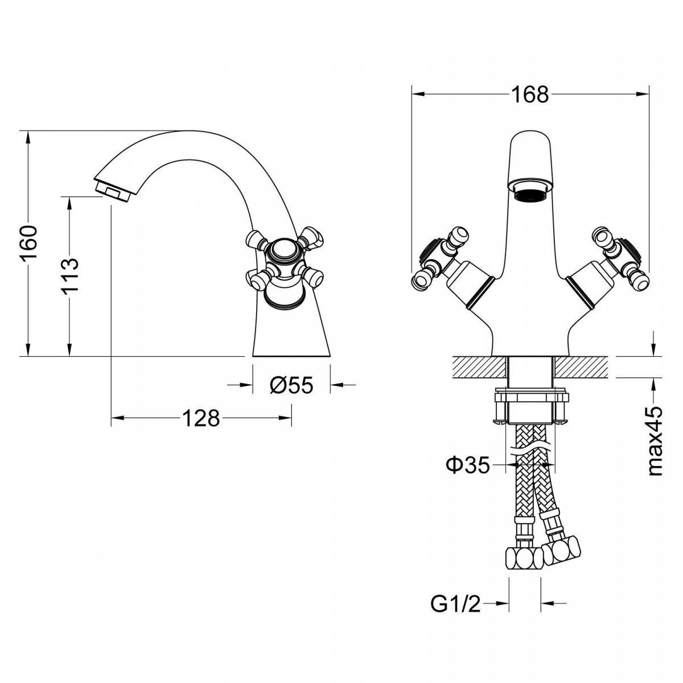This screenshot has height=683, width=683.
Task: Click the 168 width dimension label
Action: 529,95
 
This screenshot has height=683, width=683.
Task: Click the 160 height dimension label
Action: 29,243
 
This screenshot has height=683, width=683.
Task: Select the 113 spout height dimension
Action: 69,275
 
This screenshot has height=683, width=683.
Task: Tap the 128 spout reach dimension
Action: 200,418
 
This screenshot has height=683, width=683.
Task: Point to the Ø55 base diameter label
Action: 291,385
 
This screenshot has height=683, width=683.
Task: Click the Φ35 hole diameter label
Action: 467,465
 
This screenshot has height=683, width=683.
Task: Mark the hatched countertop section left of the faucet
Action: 478,367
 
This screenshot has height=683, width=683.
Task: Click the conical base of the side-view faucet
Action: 290,333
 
